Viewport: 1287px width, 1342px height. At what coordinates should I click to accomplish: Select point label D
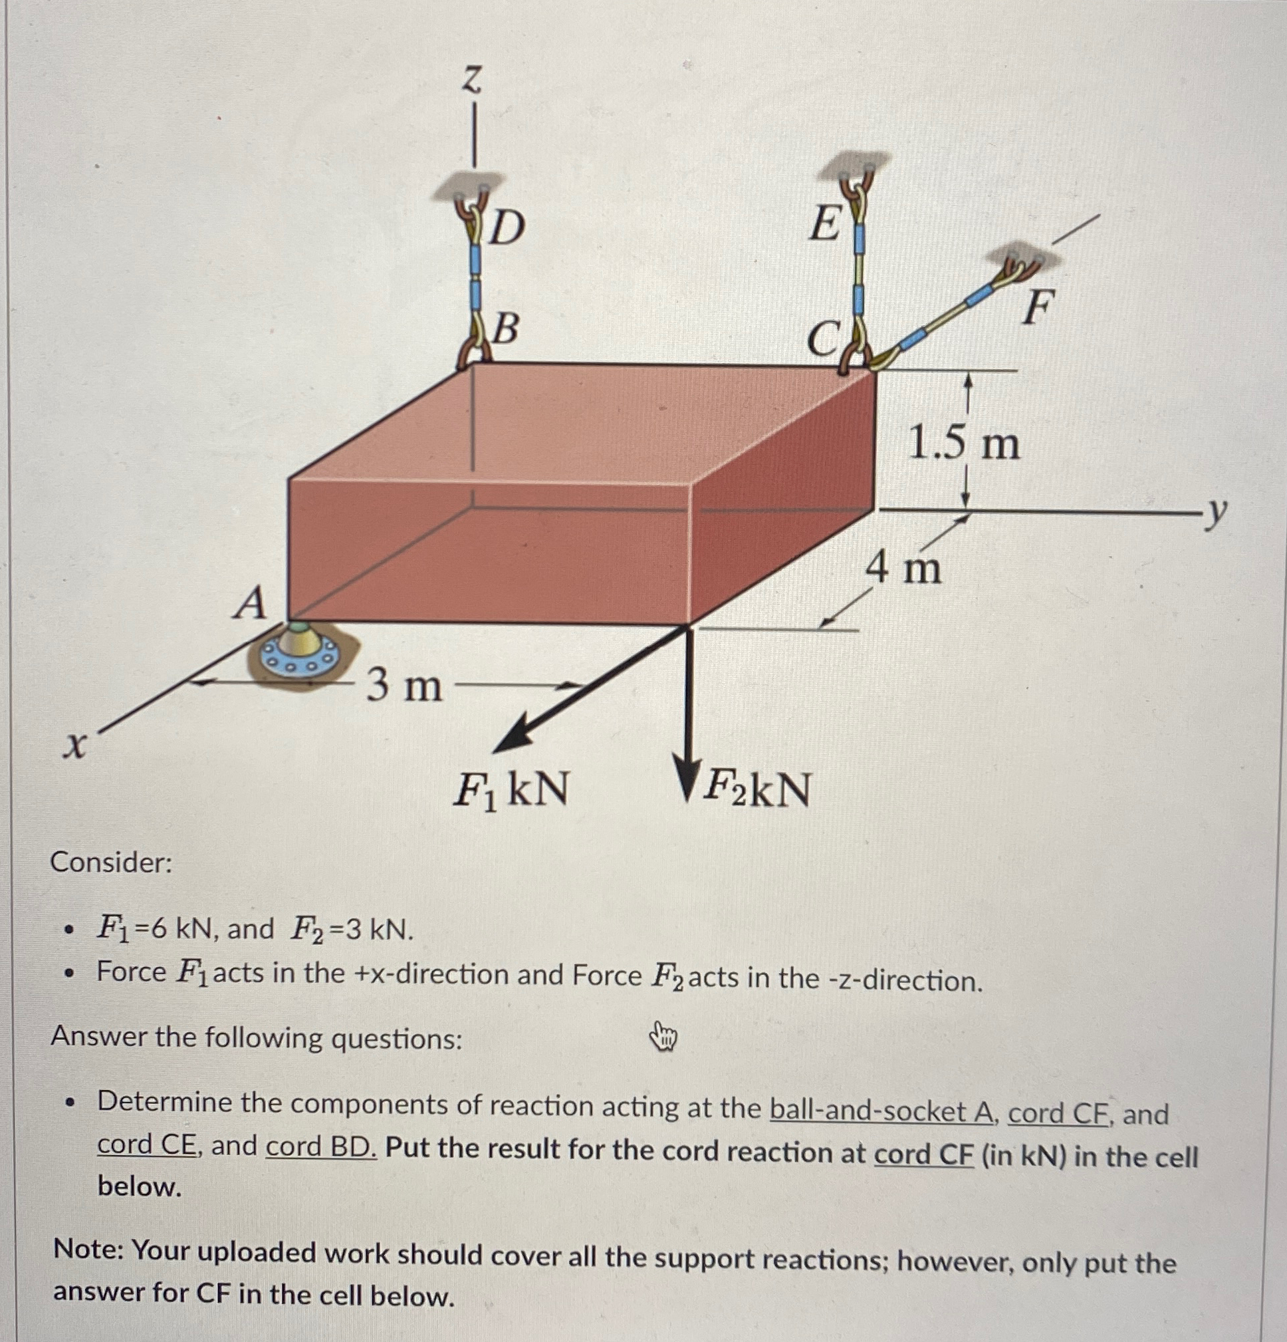(x=507, y=228)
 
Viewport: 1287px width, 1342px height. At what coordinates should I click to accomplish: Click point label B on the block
(x=505, y=329)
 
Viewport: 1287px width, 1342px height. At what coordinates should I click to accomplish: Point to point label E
(x=824, y=224)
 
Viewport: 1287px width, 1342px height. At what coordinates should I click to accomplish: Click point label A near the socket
(x=251, y=604)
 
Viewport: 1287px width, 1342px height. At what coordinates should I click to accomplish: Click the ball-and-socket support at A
(x=300, y=650)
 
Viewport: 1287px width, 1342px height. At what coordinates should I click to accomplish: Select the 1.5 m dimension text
(x=963, y=445)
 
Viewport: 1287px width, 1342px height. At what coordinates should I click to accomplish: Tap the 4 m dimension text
(x=904, y=569)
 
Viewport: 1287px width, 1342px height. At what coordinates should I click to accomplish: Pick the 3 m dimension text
(x=404, y=686)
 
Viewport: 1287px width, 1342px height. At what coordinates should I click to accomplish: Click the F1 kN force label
(x=511, y=789)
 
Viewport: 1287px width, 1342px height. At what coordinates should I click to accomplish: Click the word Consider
(x=111, y=863)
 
